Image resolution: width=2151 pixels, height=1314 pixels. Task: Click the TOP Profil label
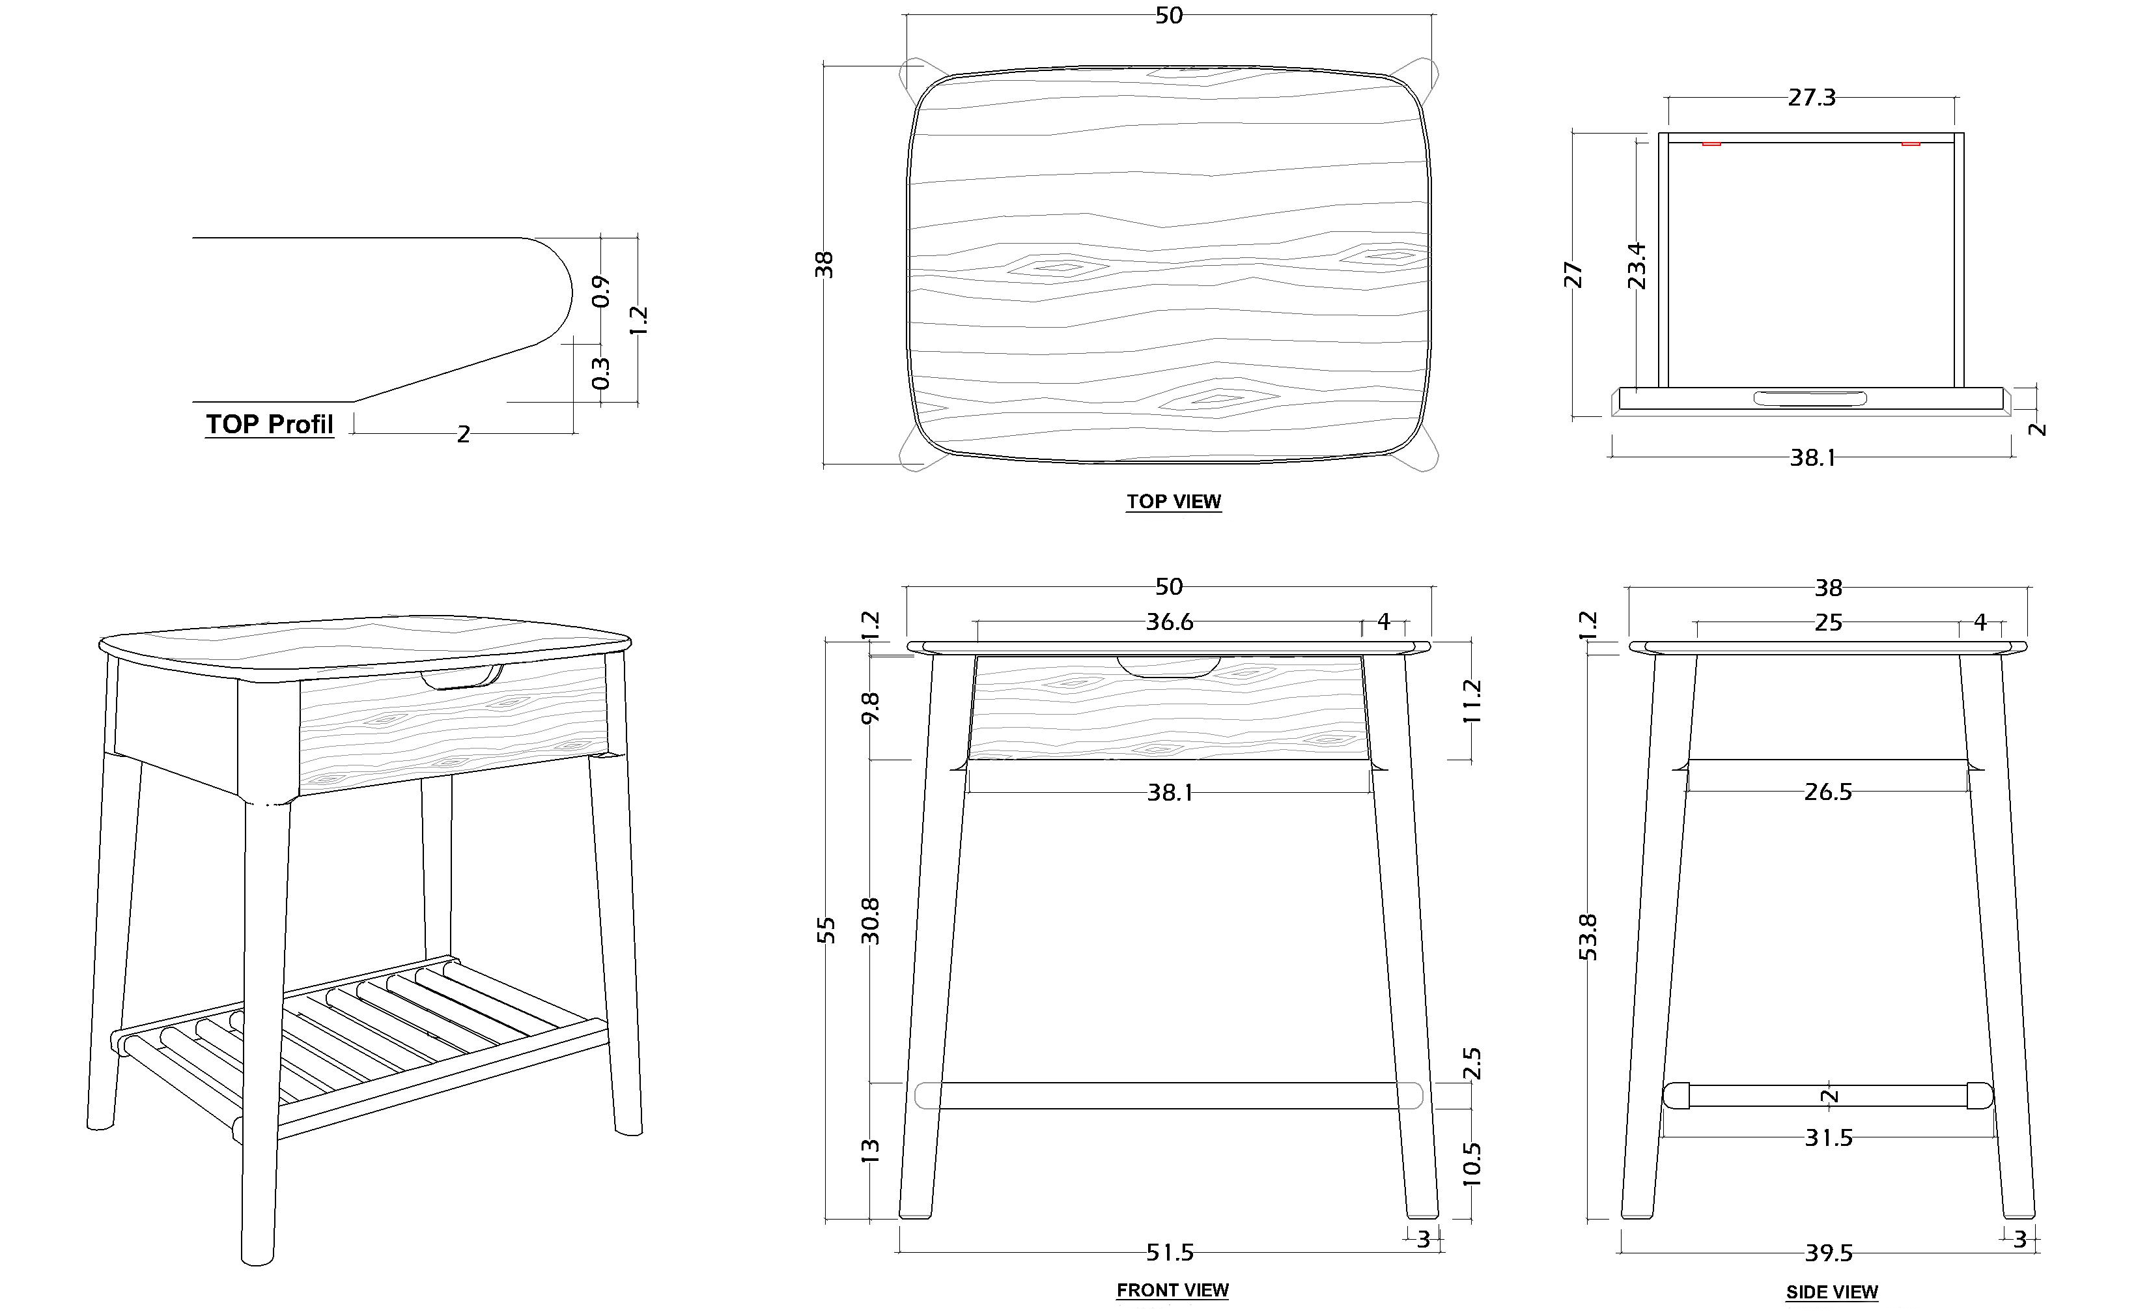pos(269,424)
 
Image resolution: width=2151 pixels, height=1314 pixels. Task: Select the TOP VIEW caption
pos(1174,501)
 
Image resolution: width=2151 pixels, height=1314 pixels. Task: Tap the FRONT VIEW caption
pos(1172,1289)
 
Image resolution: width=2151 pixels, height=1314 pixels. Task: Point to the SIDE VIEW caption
pos(1831,1291)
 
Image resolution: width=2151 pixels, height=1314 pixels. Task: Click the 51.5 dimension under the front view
pos(1169,1253)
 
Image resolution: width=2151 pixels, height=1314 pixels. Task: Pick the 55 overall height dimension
pos(826,930)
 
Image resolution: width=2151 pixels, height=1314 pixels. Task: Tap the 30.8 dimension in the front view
pos(870,921)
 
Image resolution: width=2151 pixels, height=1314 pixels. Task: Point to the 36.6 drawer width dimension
pos(1169,621)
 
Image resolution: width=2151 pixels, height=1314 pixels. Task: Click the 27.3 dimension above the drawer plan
pos(1812,98)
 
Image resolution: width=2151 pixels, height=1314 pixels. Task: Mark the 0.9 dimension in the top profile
pos(600,291)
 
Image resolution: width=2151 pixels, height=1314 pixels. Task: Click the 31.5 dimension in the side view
pos(1828,1137)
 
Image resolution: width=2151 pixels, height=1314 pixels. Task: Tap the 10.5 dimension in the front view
pos(1472,1163)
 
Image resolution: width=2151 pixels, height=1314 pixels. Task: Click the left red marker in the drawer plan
pos(1711,143)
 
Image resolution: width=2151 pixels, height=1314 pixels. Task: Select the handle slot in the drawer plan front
pos(1810,399)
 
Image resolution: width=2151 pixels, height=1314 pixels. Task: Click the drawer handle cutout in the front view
pos(1169,667)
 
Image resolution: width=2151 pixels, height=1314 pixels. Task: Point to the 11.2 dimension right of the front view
pos(1472,701)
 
